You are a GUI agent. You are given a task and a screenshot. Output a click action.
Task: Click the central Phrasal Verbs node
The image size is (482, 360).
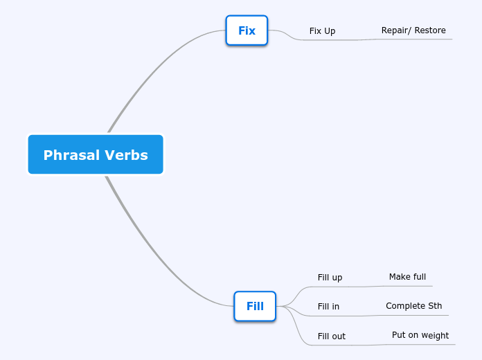tap(96, 154)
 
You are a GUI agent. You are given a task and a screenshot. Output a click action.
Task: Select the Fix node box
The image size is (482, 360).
tap(247, 30)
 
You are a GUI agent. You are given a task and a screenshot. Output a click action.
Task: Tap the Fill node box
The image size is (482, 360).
tap(255, 306)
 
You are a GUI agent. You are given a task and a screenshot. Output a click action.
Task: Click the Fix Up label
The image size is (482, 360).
tap(322, 31)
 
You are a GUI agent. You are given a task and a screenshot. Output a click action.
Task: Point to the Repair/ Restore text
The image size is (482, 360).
tap(413, 30)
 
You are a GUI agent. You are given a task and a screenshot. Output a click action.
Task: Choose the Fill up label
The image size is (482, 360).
tap(330, 278)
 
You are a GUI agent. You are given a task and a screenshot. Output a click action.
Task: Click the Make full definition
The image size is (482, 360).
tap(407, 277)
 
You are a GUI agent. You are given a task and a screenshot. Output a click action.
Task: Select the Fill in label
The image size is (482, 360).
tap(328, 307)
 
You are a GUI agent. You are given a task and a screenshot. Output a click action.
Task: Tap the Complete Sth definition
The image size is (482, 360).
tap(413, 306)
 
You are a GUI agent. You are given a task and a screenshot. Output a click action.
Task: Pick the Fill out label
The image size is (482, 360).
tap(331, 336)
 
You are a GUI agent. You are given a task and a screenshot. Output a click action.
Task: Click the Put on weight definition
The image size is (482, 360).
tap(420, 335)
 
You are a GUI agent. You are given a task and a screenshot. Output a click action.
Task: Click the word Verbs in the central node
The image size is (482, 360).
tap(126, 155)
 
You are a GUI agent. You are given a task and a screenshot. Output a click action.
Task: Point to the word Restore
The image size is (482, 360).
tap(430, 30)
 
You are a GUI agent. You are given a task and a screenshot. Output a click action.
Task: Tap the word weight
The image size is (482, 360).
tap(435, 335)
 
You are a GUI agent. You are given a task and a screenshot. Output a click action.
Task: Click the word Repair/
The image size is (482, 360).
tap(396, 30)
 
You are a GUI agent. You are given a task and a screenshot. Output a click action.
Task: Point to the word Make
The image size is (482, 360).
tap(399, 277)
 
